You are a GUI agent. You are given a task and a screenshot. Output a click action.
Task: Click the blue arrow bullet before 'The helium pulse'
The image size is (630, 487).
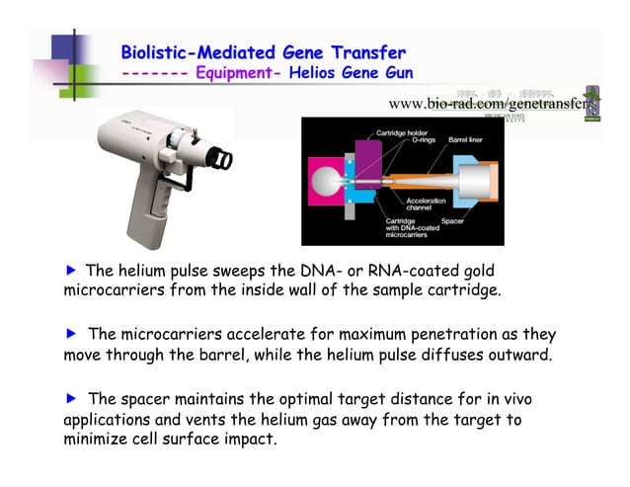click(70, 271)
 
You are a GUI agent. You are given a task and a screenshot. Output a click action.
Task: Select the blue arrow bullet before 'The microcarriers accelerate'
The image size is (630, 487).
click(70, 335)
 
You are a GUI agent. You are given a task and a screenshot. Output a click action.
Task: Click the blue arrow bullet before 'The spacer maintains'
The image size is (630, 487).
click(70, 399)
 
